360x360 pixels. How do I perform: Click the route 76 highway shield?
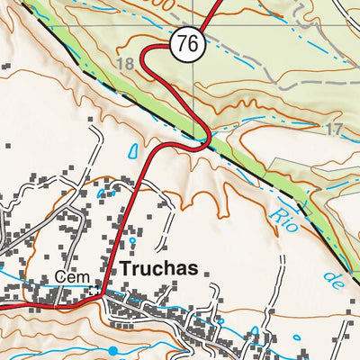[x=186, y=42]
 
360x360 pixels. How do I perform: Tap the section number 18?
[x=124, y=63]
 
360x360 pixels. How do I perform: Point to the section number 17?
[x=334, y=129]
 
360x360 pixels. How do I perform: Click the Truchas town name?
[x=157, y=269]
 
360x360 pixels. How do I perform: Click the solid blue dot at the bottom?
[x=113, y=349]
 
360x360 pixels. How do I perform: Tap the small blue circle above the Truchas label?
[x=132, y=241]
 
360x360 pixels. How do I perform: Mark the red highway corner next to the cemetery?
[x=103, y=293]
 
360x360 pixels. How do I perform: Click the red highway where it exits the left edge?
[x=3, y=306]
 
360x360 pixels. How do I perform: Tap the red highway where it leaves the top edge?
[x=221, y=3]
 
